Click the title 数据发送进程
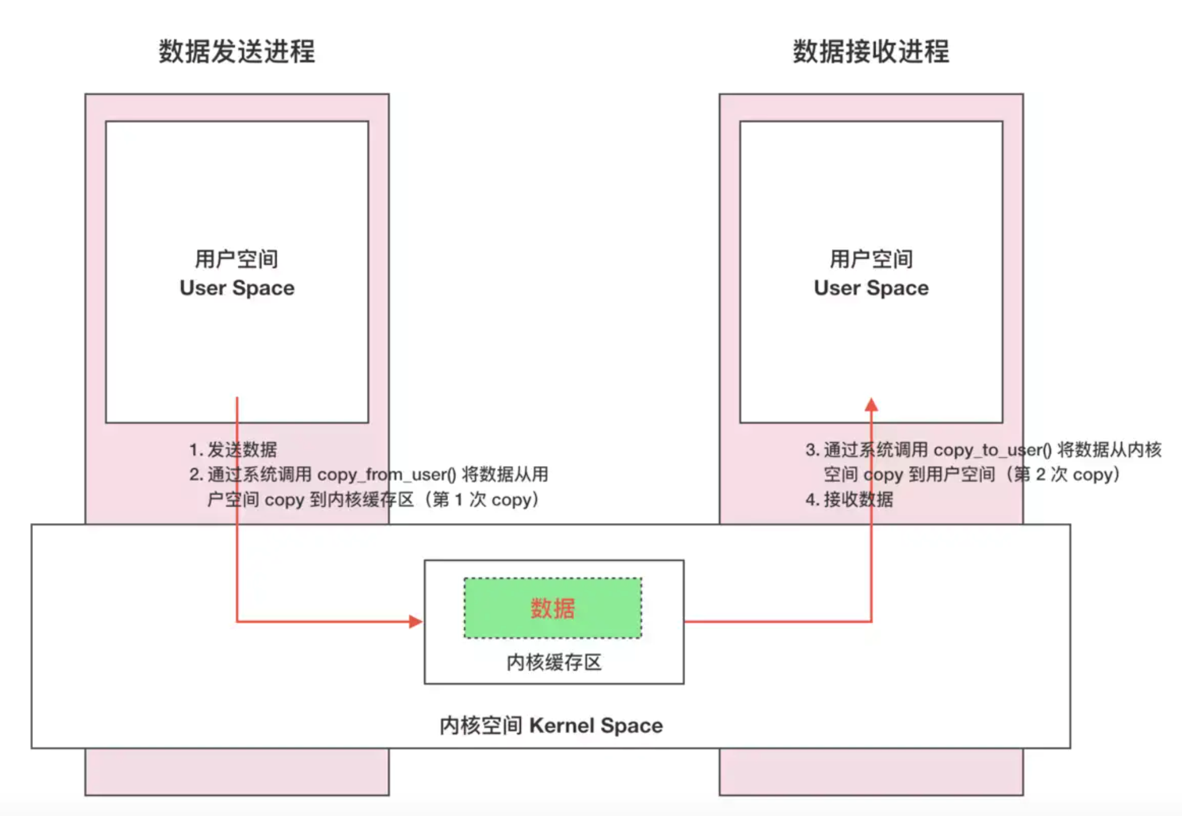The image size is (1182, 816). (237, 52)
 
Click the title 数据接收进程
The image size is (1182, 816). (871, 52)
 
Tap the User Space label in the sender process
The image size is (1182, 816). (237, 288)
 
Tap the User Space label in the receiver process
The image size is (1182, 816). (871, 288)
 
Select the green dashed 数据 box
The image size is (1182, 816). (552, 608)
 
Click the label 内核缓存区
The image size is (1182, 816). (553, 662)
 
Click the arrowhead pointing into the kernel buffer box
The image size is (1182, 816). (416, 621)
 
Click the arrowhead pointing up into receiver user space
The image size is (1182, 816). (872, 404)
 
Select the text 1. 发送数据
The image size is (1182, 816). (233, 450)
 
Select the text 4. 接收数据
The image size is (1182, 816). (849, 500)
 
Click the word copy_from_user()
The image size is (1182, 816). (386, 474)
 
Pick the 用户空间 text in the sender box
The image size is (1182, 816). (237, 259)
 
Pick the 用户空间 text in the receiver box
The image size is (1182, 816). (871, 259)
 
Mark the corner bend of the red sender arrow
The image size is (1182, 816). (237, 621)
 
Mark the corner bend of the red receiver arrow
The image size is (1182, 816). (872, 621)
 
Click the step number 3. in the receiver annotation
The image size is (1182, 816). (812, 450)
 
